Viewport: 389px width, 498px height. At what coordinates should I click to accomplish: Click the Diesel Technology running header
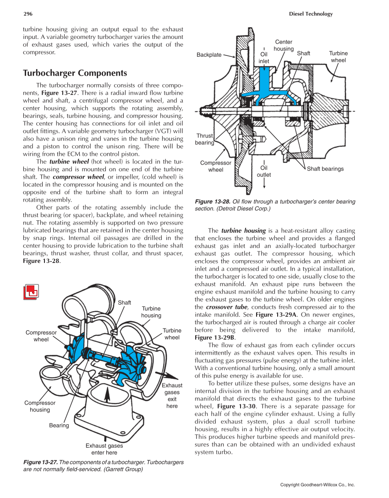tap(311, 14)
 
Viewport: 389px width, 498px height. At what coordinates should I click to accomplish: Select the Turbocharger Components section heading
tap(75, 73)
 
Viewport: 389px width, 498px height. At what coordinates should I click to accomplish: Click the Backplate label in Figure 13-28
tap(209, 55)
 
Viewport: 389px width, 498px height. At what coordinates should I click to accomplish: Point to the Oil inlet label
tap(264, 57)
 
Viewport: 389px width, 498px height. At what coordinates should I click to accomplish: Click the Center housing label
tap(284, 45)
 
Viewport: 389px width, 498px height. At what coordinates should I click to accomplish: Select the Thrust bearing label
tap(204, 139)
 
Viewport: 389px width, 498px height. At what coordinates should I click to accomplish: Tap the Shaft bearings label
tap(325, 169)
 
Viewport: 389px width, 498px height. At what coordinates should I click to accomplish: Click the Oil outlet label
tap(263, 171)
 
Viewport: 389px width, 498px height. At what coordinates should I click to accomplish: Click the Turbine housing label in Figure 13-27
tap(151, 312)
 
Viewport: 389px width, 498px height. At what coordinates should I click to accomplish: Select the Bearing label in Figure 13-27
tap(59, 426)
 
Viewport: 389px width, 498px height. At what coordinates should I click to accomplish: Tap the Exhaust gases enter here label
tap(104, 449)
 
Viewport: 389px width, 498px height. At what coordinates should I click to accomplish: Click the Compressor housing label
tap(40, 406)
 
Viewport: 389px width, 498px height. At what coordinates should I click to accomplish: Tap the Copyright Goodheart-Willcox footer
tap(318, 485)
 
